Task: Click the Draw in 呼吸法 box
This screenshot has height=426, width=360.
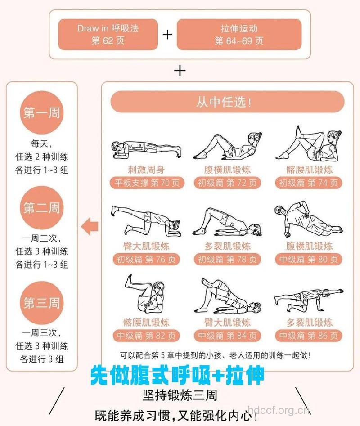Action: (108, 34)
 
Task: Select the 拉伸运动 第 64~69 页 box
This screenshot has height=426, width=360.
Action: (239, 34)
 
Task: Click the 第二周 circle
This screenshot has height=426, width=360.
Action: (41, 208)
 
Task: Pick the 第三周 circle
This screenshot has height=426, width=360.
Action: (41, 302)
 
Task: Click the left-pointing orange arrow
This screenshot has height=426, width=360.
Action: (90, 226)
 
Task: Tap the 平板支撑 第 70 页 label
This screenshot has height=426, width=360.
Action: (146, 183)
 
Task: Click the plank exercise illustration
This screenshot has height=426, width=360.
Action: (146, 148)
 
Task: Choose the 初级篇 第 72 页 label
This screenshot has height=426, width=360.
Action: (227, 183)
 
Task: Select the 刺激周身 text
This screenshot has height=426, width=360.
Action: (146, 170)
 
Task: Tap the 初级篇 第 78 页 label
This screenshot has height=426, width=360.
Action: (227, 260)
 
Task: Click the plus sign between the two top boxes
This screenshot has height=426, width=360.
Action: (167, 35)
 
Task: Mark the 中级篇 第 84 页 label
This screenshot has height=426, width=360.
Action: (227, 336)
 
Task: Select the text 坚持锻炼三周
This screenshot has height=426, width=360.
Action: (180, 395)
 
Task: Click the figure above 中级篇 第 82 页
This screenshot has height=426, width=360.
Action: (146, 295)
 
